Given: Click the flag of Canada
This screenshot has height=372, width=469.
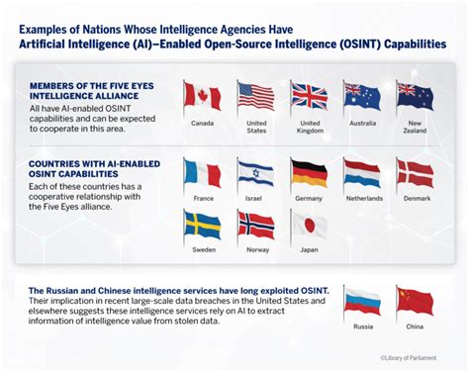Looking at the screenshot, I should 202,96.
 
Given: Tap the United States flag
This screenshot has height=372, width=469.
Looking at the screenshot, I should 255,96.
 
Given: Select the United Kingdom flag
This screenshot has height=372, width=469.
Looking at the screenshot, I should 309,96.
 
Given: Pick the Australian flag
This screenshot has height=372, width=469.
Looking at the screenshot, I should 361,96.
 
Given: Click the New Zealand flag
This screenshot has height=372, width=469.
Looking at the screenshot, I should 415,96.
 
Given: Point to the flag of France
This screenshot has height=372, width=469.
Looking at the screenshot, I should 202,174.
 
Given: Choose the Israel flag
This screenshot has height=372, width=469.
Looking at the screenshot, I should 255,174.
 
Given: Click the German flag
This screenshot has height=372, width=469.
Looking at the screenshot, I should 309,174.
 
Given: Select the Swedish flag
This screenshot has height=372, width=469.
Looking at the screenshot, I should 202,227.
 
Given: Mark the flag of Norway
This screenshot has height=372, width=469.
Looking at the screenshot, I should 255,227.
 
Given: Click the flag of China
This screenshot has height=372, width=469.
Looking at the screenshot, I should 415,301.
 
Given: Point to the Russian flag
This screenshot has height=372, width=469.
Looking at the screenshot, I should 361,301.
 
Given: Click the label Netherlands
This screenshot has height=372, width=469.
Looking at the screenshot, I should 362,199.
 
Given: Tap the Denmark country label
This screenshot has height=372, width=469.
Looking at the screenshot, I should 416,199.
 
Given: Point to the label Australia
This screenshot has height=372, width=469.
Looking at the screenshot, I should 362,124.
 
